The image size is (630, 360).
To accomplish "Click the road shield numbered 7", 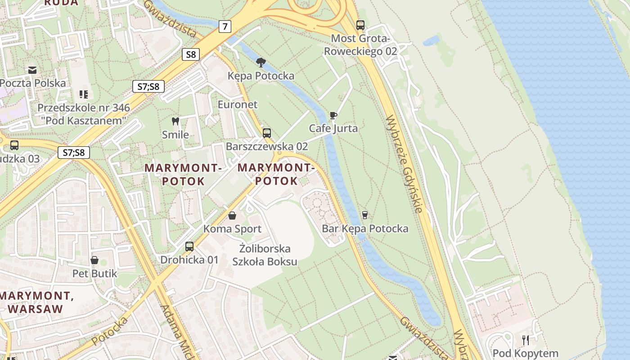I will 225,27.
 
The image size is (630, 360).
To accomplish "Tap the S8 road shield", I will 191,54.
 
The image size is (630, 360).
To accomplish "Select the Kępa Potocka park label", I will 261,76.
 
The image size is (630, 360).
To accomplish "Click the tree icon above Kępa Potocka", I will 261,62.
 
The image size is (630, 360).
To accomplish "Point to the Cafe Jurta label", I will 333,128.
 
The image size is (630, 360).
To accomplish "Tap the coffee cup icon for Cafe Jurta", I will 333,116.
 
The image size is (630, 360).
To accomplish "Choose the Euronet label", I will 238,104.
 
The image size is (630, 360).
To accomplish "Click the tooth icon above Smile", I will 175,121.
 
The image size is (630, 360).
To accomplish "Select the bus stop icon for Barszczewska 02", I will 267,133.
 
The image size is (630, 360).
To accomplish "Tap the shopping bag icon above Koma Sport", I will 232,216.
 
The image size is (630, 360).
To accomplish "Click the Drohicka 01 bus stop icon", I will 189,247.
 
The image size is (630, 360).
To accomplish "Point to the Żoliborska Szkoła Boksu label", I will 265,255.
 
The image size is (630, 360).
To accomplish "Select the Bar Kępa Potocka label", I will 365,229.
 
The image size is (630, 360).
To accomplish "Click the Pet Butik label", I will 94,274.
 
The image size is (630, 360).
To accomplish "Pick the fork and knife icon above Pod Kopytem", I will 525,340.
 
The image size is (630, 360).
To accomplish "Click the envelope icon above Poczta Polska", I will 32,70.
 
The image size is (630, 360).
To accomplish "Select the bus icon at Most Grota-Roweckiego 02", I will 360,25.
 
